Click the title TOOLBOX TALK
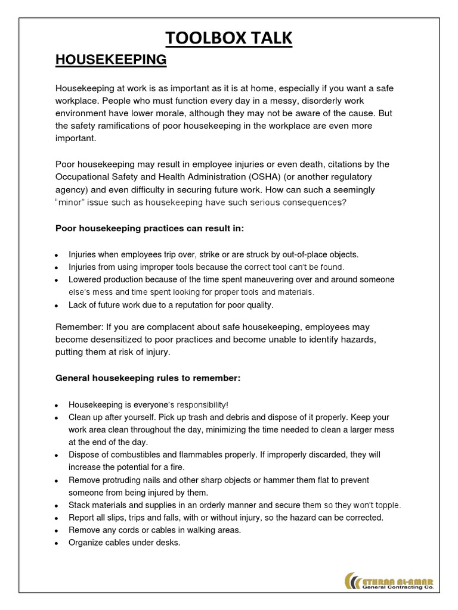point(229,38)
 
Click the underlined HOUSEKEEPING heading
point(111,60)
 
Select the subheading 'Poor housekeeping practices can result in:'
point(150,228)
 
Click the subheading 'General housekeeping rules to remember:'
point(148,378)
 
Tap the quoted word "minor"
point(75,203)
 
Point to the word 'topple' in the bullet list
point(388,505)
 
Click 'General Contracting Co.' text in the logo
point(398,587)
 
